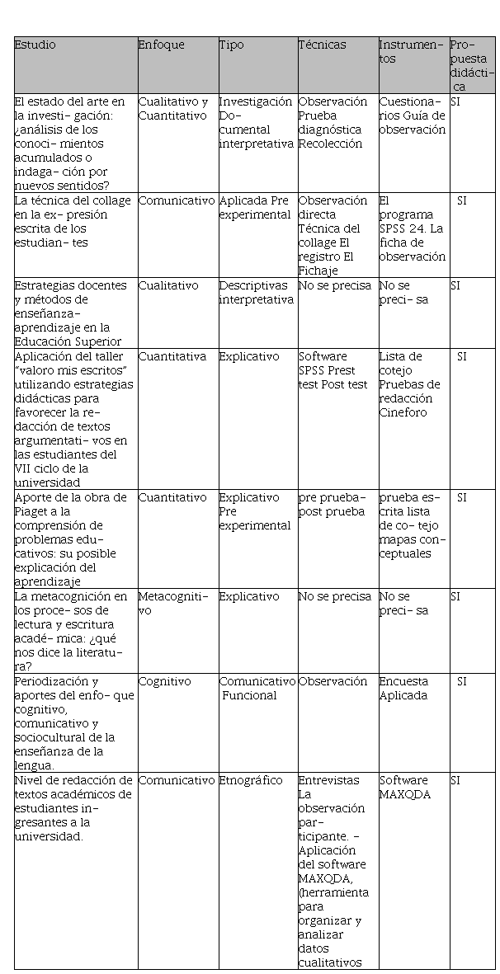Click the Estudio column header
pyautogui.click(x=35, y=45)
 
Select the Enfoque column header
pyautogui.click(x=162, y=45)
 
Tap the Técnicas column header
pyautogui.click(x=323, y=45)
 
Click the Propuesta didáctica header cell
pyautogui.click(x=473, y=65)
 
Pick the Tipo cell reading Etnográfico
pyautogui.click(x=251, y=780)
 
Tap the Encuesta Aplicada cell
pyautogui.click(x=403, y=688)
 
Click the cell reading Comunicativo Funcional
pyautogui.click(x=257, y=688)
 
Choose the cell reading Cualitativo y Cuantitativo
pyautogui.click(x=173, y=108)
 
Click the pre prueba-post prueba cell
pyautogui.click(x=332, y=504)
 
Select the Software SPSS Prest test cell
pyautogui.click(x=333, y=370)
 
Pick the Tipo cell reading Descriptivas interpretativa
pyautogui.click(x=256, y=292)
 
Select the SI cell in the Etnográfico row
pyautogui.click(x=455, y=780)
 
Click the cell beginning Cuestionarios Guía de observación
pyautogui.click(x=412, y=115)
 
